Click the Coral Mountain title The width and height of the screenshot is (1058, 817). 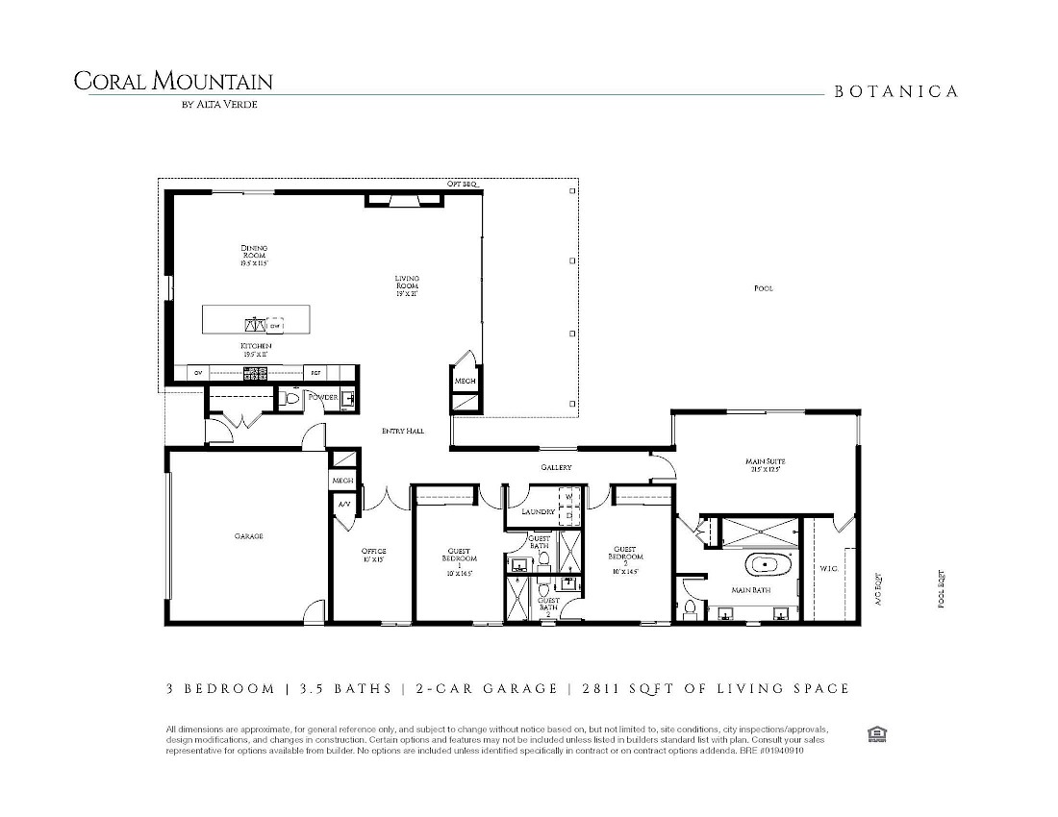pos(173,82)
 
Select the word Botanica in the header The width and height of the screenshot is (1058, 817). pos(895,92)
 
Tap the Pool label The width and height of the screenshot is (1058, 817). pos(763,288)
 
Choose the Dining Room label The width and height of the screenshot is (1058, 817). pos(254,254)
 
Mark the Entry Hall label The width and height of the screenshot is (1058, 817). pos(403,432)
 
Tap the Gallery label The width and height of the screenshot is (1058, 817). pos(556,468)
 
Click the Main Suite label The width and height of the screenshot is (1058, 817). pos(763,465)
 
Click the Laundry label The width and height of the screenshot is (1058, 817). pos(539,512)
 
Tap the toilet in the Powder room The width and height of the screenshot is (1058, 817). pos(292,398)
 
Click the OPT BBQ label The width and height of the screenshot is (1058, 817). pos(462,184)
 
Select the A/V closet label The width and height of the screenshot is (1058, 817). pos(343,504)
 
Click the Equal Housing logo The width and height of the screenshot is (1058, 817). pos(876,734)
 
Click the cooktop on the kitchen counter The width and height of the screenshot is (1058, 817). pos(255,373)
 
